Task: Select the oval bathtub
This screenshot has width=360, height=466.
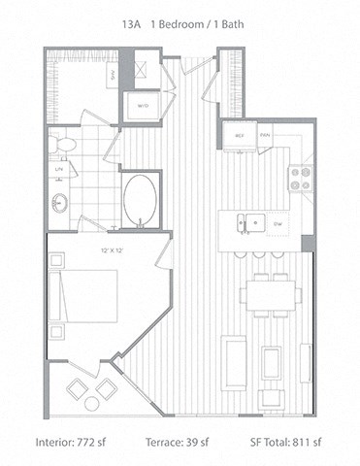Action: click(x=142, y=199)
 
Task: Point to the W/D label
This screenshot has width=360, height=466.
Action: click(x=142, y=106)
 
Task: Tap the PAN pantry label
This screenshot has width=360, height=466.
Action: click(x=264, y=135)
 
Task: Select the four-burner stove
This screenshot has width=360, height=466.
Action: click(x=300, y=177)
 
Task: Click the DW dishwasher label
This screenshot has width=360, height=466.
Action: click(x=278, y=223)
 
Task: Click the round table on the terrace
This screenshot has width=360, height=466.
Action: click(x=92, y=402)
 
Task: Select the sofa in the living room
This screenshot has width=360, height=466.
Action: click(x=234, y=360)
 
